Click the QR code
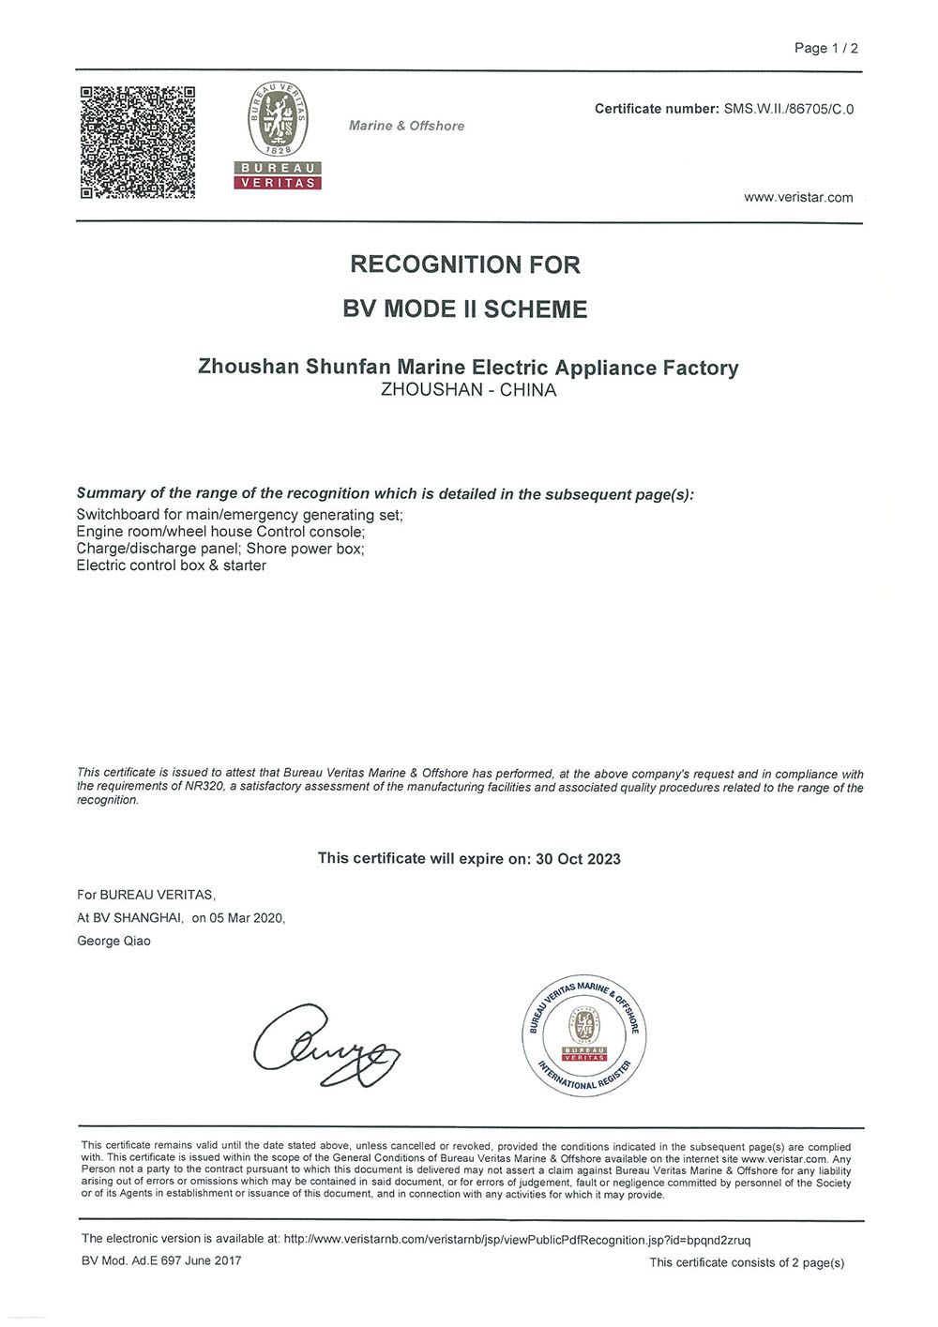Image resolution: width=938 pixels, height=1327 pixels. coord(138,142)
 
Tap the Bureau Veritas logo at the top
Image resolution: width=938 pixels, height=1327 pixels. coord(278,135)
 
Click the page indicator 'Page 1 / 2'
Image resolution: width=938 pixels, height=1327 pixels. coord(825,48)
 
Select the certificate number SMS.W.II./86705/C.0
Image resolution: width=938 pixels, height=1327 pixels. coord(788,109)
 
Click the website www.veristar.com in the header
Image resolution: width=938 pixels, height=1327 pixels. coord(798,197)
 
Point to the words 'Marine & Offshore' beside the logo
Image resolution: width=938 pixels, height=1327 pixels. coord(406,126)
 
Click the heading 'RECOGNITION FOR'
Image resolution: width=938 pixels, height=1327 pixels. coord(465,264)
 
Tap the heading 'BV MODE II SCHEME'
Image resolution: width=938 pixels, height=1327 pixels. coord(465,309)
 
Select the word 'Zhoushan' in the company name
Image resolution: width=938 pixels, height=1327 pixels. coord(248,367)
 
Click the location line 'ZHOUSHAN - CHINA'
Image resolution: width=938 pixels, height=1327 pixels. coord(468,390)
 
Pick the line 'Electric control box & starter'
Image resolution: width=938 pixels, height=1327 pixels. coord(171,565)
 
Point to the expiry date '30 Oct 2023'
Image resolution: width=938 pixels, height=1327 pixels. coord(578,859)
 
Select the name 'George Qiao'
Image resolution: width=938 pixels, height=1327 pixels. coord(113,941)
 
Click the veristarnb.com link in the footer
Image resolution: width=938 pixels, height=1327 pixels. coord(517,1240)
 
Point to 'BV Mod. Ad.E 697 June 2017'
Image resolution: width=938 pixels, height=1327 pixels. coord(161,1260)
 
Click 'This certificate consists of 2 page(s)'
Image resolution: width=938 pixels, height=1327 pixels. coord(747,1262)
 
